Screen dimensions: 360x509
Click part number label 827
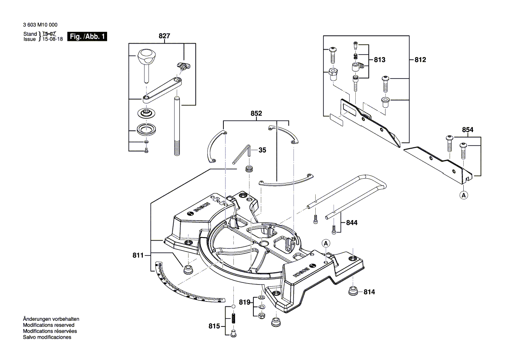[x=164, y=37]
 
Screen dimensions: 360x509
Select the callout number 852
[x=256, y=113]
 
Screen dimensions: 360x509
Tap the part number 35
[x=262, y=150]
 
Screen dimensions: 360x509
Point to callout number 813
[x=380, y=60]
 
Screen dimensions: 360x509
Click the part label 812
[x=420, y=60]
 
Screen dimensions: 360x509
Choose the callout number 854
[x=468, y=130]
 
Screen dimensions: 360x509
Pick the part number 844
[x=351, y=223]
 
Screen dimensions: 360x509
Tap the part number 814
[x=369, y=292]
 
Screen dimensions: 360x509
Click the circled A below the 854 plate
[x=464, y=196]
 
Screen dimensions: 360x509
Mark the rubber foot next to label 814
[x=352, y=291]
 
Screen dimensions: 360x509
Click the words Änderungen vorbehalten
[x=51, y=319]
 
